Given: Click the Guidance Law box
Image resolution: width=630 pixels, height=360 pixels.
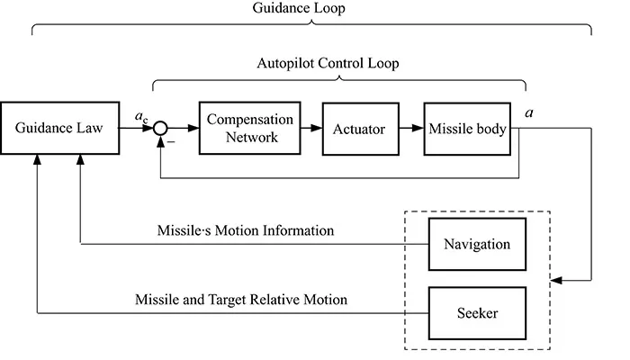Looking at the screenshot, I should [59, 129].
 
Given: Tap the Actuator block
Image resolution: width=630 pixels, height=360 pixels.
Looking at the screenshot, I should [360, 129].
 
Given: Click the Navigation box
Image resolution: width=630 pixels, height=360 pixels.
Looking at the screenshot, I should [477, 244].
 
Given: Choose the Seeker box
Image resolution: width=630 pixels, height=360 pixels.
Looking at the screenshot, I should [477, 313].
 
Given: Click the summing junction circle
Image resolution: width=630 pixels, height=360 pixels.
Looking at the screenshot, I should [160, 129].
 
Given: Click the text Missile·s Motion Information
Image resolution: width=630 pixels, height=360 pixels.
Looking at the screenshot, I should [246, 231].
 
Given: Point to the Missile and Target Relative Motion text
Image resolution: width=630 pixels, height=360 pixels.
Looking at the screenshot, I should [241, 299].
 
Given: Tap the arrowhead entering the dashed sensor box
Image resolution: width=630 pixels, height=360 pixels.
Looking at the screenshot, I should [557, 281].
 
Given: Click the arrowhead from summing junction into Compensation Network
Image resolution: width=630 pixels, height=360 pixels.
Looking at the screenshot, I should [192, 129].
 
